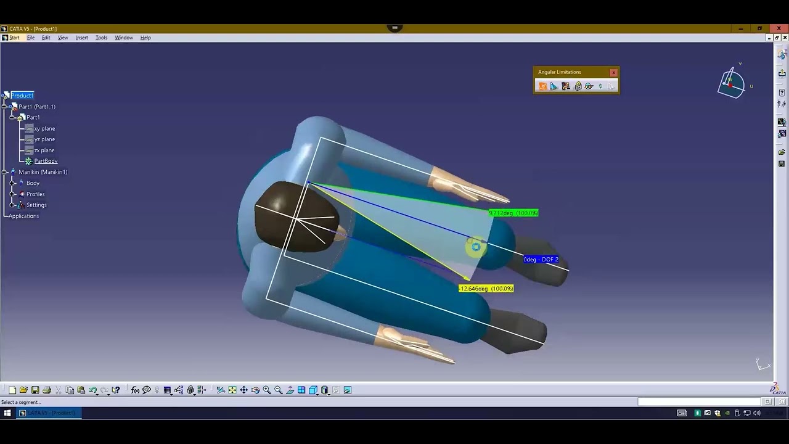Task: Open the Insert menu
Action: click(81, 38)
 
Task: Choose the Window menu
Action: click(123, 38)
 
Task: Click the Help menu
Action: click(145, 38)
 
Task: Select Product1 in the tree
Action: click(22, 96)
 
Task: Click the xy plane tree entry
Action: click(44, 129)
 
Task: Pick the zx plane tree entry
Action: click(44, 150)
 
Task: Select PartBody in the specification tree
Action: click(46, 161)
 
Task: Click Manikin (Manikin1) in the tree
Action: click(43, 172)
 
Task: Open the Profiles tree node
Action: click(35, 194)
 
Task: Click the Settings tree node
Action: click(36, 205)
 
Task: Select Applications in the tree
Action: click(24, 216)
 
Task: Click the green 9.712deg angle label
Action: click(513, 213)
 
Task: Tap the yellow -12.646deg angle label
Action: click(486, 289)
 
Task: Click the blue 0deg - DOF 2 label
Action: click(541, 260)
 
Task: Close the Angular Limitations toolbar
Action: click(613, 73)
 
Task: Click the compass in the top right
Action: click(731, 84)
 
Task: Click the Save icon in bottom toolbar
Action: click(35, 390)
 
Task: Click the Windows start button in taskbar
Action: click(7, 413)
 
